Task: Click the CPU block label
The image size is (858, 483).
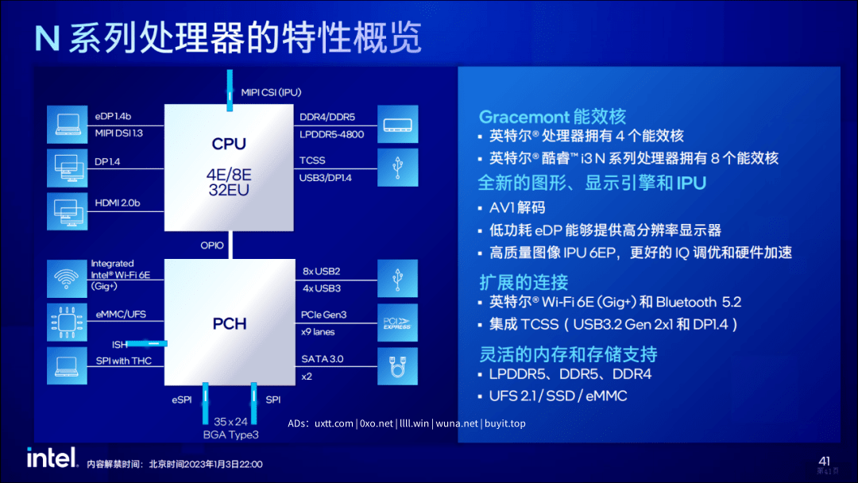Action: [229, 144]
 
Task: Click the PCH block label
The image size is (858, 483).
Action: [230, 324]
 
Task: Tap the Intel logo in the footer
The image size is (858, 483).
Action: [52, 458]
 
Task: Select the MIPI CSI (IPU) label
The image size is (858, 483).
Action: [271, 92]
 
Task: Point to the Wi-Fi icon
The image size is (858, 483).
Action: [67, 278]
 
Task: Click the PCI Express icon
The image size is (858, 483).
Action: [397, 323]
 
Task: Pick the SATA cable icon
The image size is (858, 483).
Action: [397, 366]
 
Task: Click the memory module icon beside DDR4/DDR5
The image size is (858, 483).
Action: [398, 125]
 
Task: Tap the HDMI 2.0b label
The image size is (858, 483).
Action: [117, 203]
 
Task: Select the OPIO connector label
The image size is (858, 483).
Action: [212, 245]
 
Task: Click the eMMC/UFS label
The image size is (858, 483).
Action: [121, 314]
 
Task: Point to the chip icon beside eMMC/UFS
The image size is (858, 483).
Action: [67, 323]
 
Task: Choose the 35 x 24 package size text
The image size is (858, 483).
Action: [230, 422]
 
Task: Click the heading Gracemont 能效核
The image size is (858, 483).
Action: [552, 117]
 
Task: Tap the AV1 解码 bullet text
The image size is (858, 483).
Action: [517, 208]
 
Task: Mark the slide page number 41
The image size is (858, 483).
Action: [824, 461]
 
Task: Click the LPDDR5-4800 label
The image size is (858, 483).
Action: [331, 134]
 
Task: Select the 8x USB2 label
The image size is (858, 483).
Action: [321, 272]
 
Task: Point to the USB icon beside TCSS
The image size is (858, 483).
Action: [398, 168]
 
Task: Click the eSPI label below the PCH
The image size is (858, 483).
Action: [182, 400]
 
